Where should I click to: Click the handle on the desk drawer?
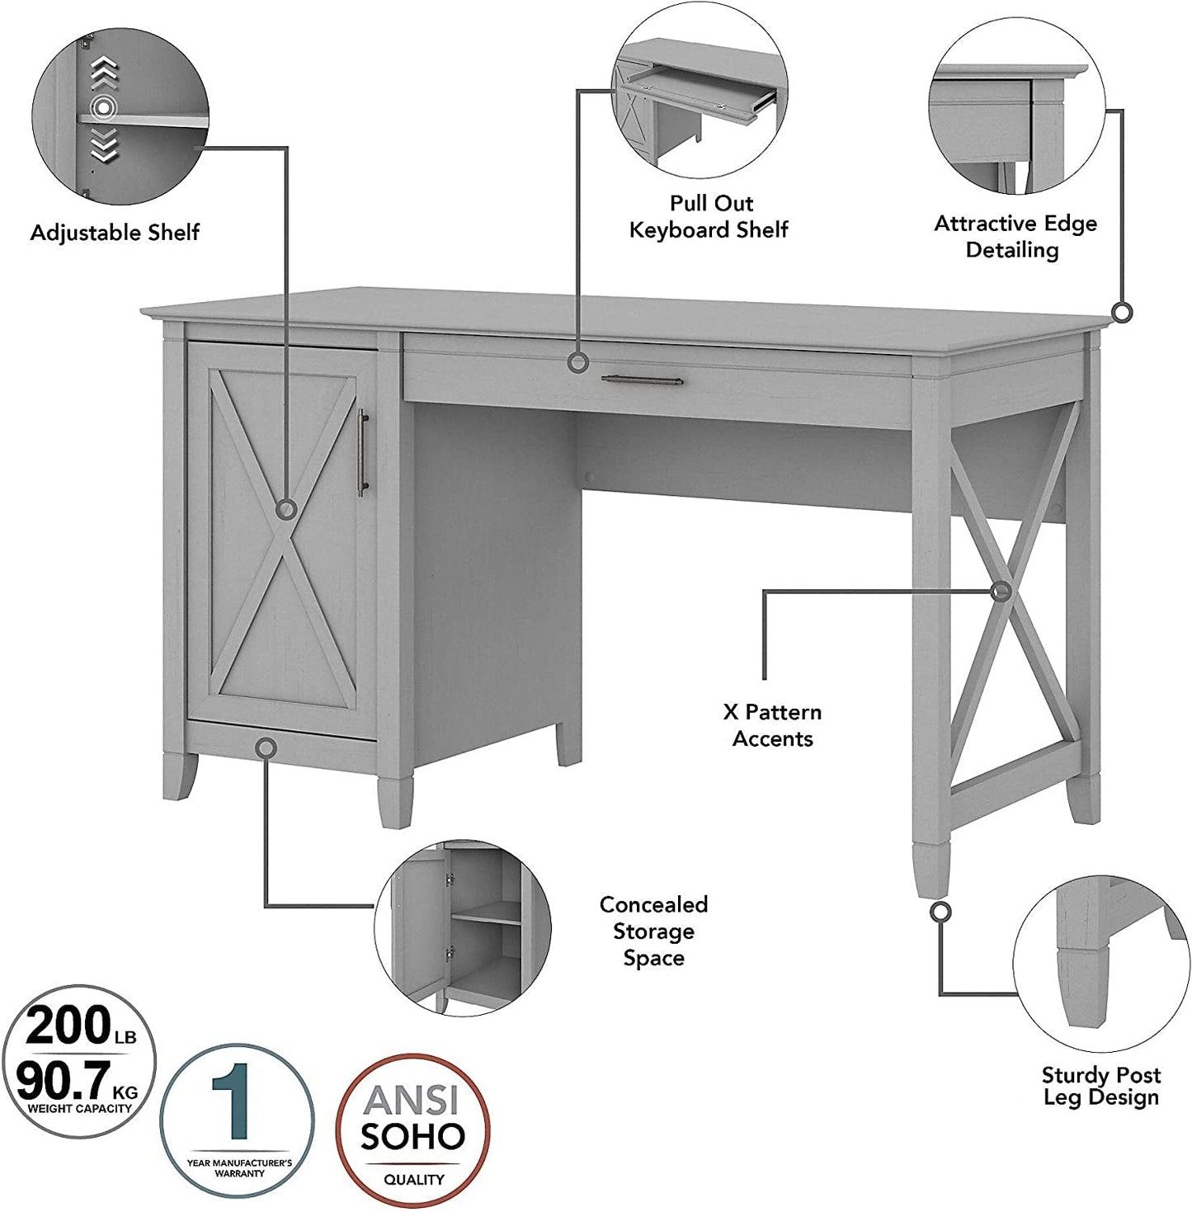pos(642,380)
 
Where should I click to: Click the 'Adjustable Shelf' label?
pos(115,233)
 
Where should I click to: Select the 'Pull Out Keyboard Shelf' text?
pos(709,216)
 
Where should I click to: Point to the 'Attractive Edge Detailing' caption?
pos(1015,236)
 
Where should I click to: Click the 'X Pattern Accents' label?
pos(772,725)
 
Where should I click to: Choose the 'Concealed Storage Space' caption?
pos(653,931)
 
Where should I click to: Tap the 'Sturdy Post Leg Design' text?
pos(1100,1086)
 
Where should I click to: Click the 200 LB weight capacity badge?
pos(78,1061)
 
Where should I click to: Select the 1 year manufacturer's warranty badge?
pos(238,1120)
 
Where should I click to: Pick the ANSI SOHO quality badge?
pos(412,1130)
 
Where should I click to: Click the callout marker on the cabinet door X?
pos(286,509)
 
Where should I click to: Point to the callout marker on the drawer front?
pos(578,361)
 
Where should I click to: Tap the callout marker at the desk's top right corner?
pos(1121,313)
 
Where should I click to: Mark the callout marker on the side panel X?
pos(1001,591)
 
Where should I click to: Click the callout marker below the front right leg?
pos(940,912)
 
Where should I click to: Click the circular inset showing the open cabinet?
pos(462,927)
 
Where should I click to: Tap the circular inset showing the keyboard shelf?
pos(700,101)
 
